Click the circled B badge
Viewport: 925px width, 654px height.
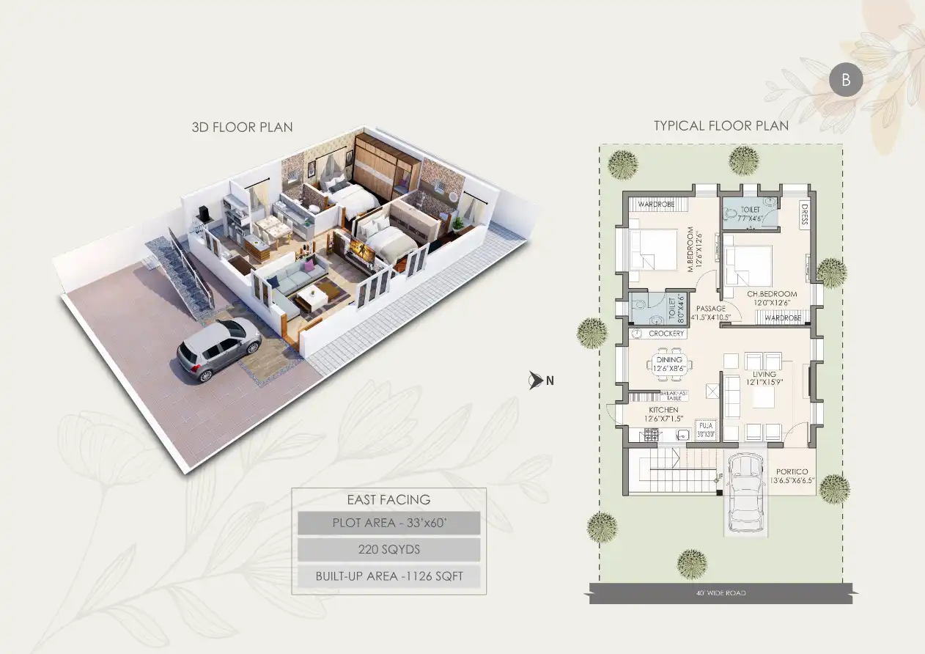(x=846, y=81)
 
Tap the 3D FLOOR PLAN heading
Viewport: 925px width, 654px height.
(x=242, y=127)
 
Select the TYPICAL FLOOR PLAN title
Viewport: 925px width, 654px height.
(x=721, y=125)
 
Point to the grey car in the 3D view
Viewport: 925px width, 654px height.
(x=218, y=350)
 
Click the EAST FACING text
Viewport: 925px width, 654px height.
(x=388, y=500)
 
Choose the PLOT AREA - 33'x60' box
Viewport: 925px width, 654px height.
(x=388, y=523)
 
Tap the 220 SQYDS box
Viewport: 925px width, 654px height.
(x=388, y=549)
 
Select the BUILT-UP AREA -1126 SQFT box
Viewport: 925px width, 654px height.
(x=388, y=576)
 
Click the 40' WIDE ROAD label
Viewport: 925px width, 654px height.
(x=721, y=592)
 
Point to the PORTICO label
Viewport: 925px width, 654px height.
(x=792, y=472)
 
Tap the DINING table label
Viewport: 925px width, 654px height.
(x=669, y=360)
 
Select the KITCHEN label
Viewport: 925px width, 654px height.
(x=663, y=410)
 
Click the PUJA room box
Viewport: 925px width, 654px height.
(x=706, y=429)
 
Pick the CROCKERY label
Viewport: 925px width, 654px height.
(x=666, y=334)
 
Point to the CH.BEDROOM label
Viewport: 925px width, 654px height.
(x=772, y=294)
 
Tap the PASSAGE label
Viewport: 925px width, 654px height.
(x=710, y=309)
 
